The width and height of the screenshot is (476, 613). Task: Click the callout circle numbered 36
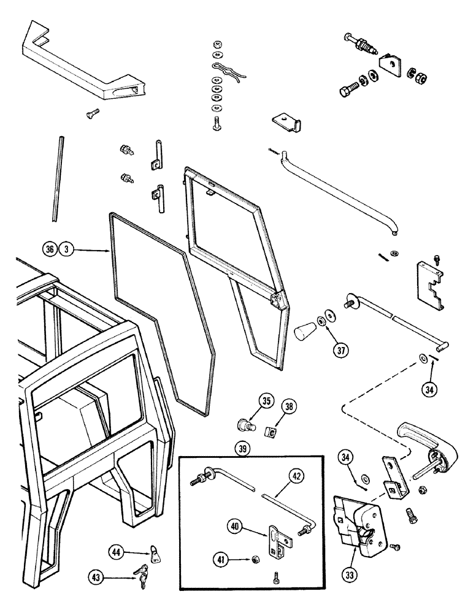tap(50, 249)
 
